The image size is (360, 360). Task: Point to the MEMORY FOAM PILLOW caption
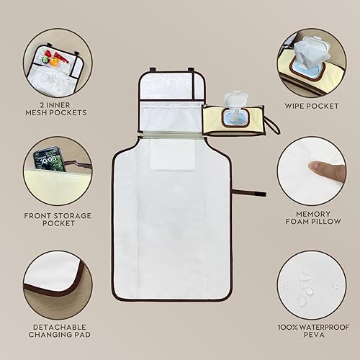311,219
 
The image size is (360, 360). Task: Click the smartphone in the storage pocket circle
51,162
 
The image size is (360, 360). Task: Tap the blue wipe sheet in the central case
235,118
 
